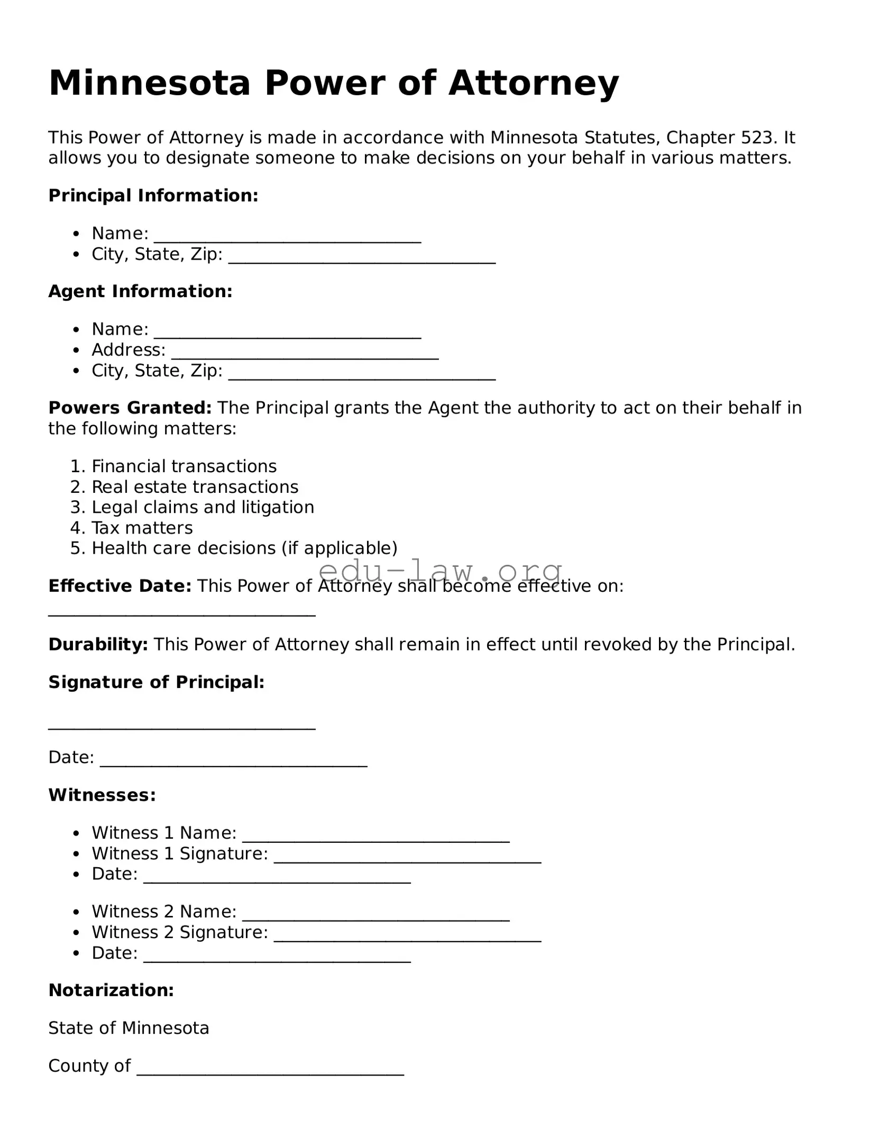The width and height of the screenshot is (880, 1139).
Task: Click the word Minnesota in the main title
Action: click(149, 83)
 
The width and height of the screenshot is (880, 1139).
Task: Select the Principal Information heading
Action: click(153, 196)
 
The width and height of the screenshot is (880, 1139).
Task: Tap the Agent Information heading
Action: click(140, 291)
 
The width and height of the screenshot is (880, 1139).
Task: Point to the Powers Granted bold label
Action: click(130, 408)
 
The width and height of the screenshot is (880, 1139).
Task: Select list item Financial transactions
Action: click(184, 466)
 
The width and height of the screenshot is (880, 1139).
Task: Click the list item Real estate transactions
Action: click(195, 487)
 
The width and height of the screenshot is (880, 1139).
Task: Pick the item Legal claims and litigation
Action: click(203, 508)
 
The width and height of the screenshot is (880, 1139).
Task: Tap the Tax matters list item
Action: click(142, 528)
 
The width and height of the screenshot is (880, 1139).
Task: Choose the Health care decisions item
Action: click(244, 548)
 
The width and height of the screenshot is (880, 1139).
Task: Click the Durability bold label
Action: click(98, 645)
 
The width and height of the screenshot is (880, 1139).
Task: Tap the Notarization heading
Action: click(111, 990)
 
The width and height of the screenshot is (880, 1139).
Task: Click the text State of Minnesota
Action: click(129, 1028)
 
